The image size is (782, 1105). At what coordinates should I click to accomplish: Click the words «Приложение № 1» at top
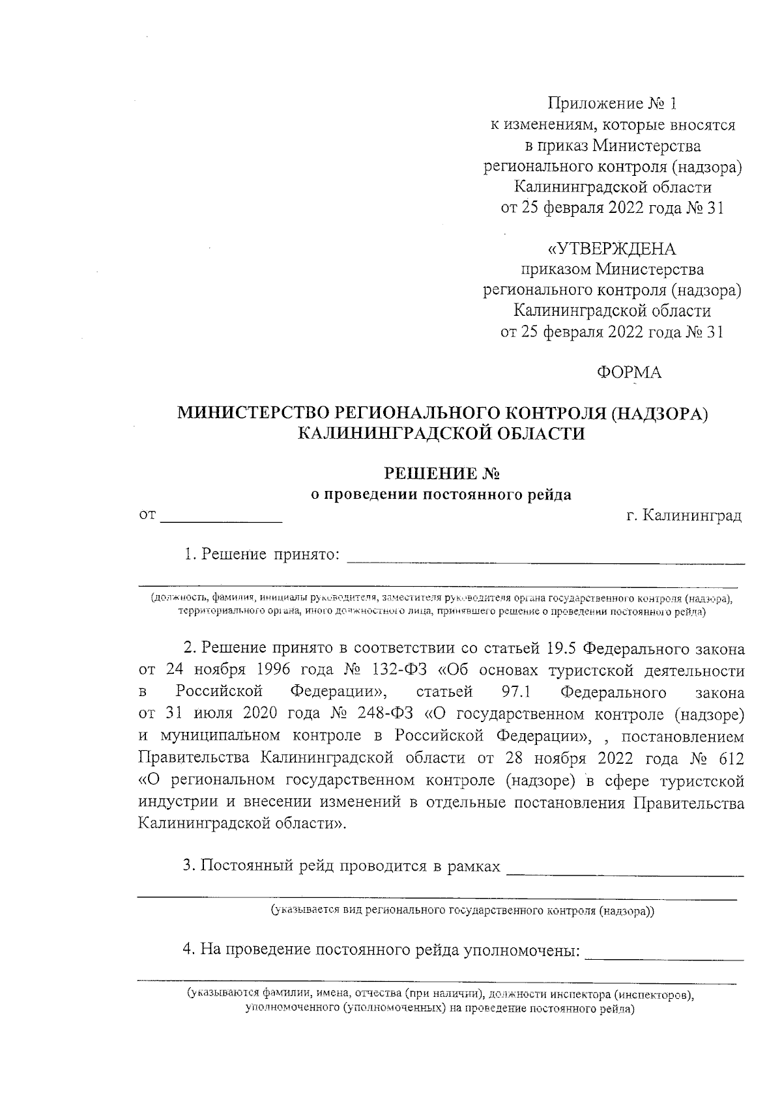pos(613,104)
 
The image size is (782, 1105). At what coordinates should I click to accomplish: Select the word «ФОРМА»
pos(629,372)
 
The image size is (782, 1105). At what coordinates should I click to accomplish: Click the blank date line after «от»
pos(222,519)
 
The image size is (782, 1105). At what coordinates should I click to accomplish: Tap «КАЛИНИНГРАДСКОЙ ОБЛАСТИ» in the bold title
pos(441,434)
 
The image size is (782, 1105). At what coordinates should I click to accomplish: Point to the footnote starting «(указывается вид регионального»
pos(463,912)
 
